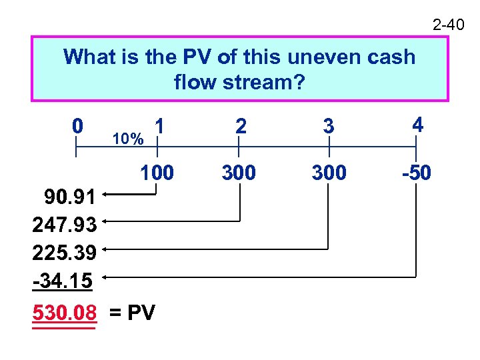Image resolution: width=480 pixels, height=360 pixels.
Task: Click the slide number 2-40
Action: pyautogui.click(x=448, y=25)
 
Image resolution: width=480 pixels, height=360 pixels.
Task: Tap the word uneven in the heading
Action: pyautogui.click(x=313, y=57)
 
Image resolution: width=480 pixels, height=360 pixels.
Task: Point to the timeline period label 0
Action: pyautogui.click(x=78, y=125)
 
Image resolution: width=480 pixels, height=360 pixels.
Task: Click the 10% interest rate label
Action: pyautogui.click(x=128, y=139)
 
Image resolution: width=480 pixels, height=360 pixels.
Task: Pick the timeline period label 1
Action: pyautogui.click(x=159, y=125)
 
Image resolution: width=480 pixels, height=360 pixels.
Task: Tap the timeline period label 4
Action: pyautogui.click(x=417, y=125)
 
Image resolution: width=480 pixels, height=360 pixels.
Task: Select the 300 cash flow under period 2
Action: pyautogui.click(x=239, y=173)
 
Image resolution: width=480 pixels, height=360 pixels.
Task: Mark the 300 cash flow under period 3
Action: pyautogui.click(x=329, y=173)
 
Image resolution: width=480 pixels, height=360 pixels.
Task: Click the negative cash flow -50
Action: pyautogui.click(x=416, y=173)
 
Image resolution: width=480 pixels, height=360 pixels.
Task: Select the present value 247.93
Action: pyautogui.click(x=65, y=224)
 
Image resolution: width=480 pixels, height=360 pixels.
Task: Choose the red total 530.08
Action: pyautogui.click(x=64, y=312)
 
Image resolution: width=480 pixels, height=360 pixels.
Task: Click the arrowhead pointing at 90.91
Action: pyautogui.click(x=105, y=195)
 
